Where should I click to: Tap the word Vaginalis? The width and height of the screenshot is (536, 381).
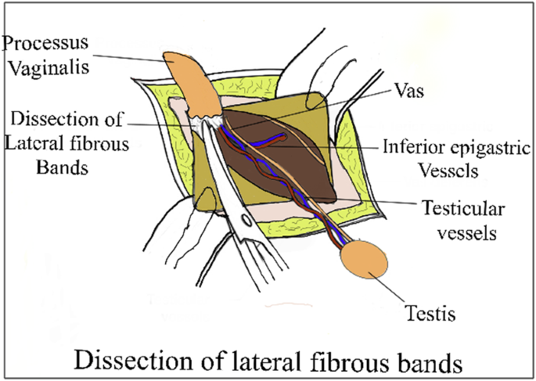(48, 68)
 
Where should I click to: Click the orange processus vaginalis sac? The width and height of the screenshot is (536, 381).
(192, 79)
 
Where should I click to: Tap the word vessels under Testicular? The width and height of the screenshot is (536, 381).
(459, 232)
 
